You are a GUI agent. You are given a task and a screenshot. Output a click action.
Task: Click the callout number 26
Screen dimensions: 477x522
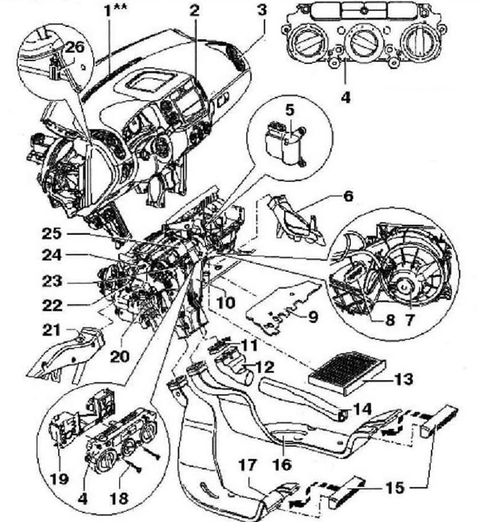75,47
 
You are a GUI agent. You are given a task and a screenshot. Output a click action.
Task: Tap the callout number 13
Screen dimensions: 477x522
404,379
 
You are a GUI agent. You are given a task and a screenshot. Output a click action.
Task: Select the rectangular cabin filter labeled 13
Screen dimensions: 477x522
347,372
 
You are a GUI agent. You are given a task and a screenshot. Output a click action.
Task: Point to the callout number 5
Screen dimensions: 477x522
290,110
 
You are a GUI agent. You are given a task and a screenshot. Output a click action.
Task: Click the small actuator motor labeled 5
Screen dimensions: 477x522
285,144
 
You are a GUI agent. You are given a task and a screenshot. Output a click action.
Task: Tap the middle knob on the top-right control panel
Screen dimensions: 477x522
362,43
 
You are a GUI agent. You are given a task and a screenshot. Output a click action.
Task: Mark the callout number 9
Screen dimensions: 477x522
313,316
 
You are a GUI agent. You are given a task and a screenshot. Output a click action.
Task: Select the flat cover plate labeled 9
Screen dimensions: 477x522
283,307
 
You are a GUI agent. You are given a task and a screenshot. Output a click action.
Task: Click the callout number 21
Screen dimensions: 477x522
52,330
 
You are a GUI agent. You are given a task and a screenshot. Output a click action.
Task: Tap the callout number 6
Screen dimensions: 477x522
348,196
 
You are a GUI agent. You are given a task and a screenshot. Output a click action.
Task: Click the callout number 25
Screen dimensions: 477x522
52,234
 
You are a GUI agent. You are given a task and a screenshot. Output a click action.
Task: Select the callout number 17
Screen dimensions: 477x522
248,465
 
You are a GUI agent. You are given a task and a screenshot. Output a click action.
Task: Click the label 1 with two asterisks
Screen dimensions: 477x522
115,10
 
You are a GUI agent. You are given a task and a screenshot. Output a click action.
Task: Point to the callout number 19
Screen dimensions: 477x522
59,479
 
